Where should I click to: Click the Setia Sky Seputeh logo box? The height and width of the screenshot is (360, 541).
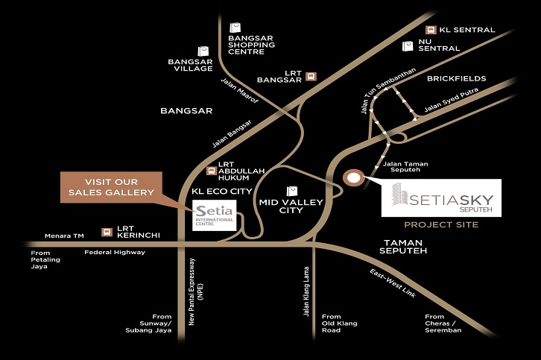pos(441,198)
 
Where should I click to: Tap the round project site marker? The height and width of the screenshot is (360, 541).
pos(352,177)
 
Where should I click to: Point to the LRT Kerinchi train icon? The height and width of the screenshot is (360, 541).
pos(107,232)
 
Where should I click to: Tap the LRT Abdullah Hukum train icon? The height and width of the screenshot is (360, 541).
pos(212,169)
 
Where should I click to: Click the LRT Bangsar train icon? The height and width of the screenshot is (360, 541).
pos(311,76)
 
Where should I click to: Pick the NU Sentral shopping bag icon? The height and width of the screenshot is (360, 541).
pos(407,45)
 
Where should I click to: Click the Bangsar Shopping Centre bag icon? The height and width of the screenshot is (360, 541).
pos(235,28)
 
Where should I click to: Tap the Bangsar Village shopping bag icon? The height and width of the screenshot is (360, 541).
pos(204,51)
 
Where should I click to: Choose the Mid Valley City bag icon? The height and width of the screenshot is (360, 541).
pos(291,190)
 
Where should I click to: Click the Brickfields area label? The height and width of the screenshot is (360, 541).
pos(456,78)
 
